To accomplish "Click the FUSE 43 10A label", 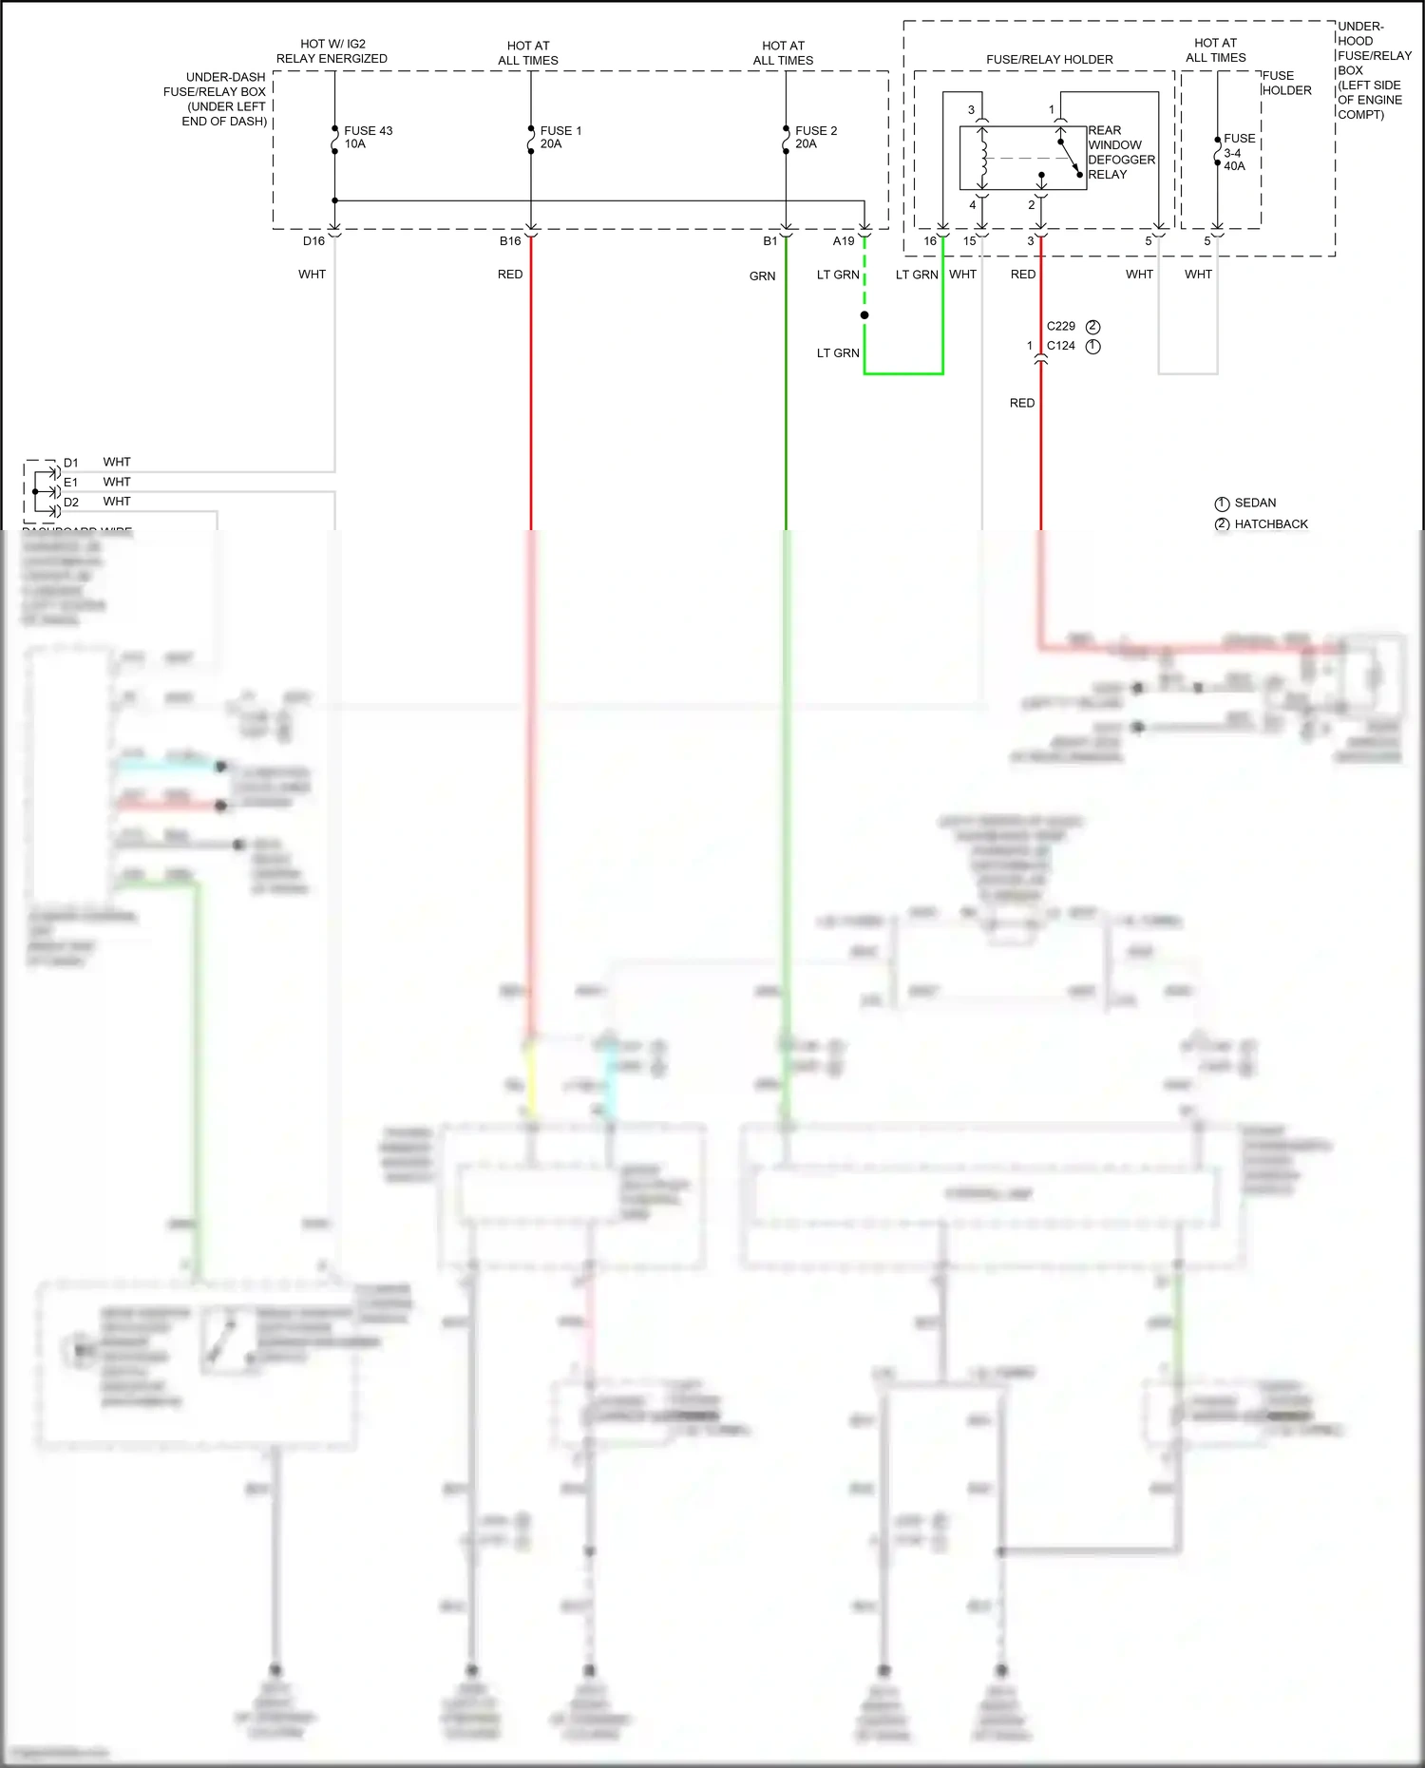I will pyautogui.click(x=368, y=137).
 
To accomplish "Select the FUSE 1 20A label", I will pyautogui.click(x=560, y=137).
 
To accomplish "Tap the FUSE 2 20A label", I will pyautogui.click(x=816, y=137).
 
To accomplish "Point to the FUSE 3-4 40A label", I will pyautogui.click(x=1238, y=152).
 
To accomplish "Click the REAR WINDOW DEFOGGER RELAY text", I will pyautogui.click(x=1121, y=152).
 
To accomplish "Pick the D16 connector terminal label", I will pyautogui.click(x=313, y=241).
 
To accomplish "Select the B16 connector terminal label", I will pyautogui.click(x=510, y=241).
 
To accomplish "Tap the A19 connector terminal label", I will pyautogui.click(x=844, y=241).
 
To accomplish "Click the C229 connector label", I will pyautogui.click(x=1061, y=326).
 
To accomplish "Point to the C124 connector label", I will pyautogui.click(x=1061, y=346).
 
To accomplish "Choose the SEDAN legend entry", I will pyautogui.click(x=1255, y=503).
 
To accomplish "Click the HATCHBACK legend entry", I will pyautogui.click(x=1271, y=524).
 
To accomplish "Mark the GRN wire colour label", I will pyautogui.click(x=762, y=276).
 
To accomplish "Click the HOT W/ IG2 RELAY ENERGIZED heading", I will pyautogui.click(x=332, y=51).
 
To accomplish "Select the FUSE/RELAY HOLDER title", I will pyautogui.click(x=1049, y=60).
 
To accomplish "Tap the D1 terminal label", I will pyautogui.click(x=71, y=463).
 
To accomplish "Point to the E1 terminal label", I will pyautogui.click(x=71, y=483).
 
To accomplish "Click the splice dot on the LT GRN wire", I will pyautogui.click(x=864, y=315).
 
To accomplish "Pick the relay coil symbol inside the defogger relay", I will pyautogui.click(x=983, y=159).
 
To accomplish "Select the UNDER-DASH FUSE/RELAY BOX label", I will pyautogui.click(x=218, y=99).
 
